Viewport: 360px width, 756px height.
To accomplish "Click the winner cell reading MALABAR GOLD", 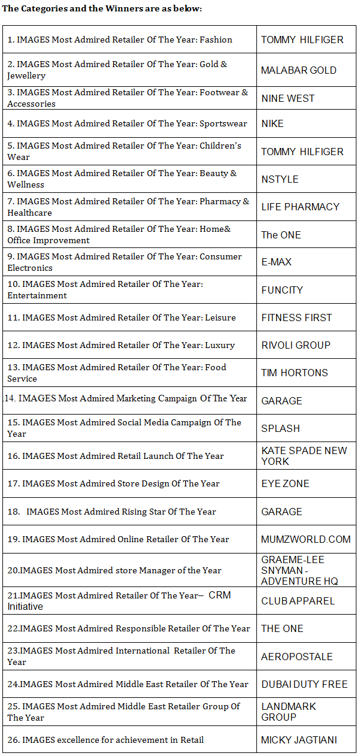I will pos(298,70).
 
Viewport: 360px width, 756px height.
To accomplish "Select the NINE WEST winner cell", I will pos(288,98).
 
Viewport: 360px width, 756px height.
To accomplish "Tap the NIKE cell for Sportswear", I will pos(273,123).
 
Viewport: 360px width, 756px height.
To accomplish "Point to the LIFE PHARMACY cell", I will pos(300,207).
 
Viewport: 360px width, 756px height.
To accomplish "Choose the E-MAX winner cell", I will pos(276,262).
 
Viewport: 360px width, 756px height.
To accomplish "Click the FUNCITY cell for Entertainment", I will pos(282,290).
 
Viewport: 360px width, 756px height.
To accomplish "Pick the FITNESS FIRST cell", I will pos(297,317).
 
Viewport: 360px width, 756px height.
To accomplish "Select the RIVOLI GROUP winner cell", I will pos(295,345).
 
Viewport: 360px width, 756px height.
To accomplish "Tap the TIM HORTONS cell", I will pos(294,373).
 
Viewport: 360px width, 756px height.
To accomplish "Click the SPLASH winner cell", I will pos(280,428).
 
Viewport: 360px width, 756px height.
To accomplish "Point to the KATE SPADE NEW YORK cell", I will pos(304,456).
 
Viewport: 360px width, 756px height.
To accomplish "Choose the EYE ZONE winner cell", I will pos(285,483).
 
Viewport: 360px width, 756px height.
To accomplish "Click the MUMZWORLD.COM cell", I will pos(305,539).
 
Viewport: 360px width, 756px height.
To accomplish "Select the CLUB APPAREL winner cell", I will pos(298,601).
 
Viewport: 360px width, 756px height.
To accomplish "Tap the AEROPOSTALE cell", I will pos(297,657).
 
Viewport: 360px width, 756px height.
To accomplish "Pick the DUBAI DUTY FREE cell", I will pos(304,684).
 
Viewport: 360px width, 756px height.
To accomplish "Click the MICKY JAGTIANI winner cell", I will pos(299,740).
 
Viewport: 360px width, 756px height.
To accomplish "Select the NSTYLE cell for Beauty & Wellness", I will pos(280,179).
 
